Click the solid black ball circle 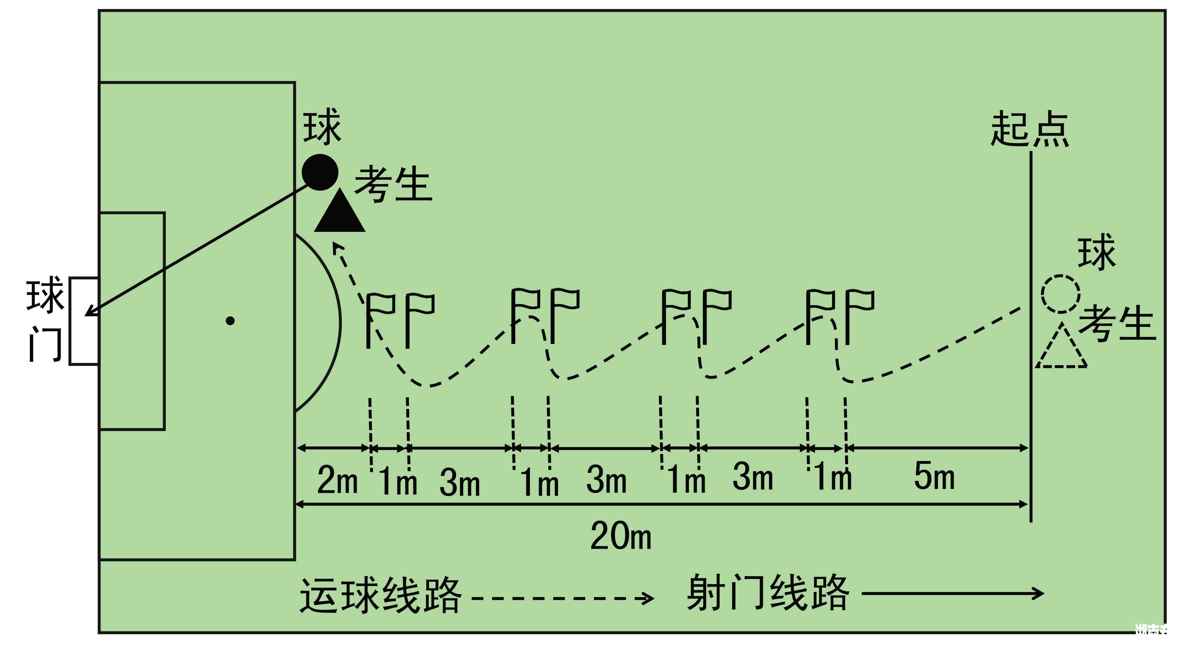(320, 172)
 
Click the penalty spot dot (230, 321)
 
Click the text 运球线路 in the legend (380, 596)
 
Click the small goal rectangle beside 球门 (84, 321)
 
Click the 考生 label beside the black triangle (394, 184)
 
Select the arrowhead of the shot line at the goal (91, 311)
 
